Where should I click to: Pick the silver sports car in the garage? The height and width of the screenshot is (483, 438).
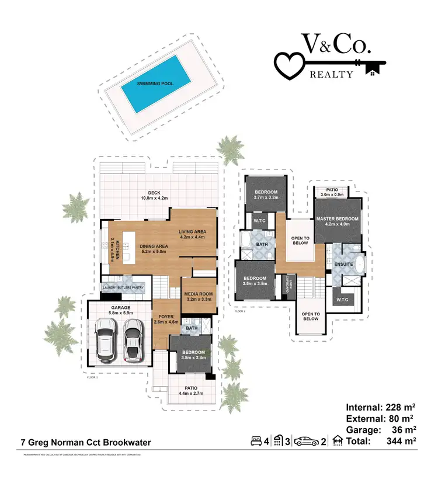coord(132,340)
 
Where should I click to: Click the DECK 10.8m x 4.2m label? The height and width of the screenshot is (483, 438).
coord(154,195)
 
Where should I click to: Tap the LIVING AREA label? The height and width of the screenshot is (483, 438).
coord(192,234)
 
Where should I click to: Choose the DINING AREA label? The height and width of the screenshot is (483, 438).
coord(154,249)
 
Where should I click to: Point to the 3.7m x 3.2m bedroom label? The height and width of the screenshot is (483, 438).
coord(266,195)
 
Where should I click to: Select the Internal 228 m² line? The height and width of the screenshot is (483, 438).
coord(381,407)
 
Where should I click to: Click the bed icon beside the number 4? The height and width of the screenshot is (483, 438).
coord(255,440)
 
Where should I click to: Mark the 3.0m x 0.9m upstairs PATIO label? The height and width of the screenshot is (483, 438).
coord(331,193)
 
